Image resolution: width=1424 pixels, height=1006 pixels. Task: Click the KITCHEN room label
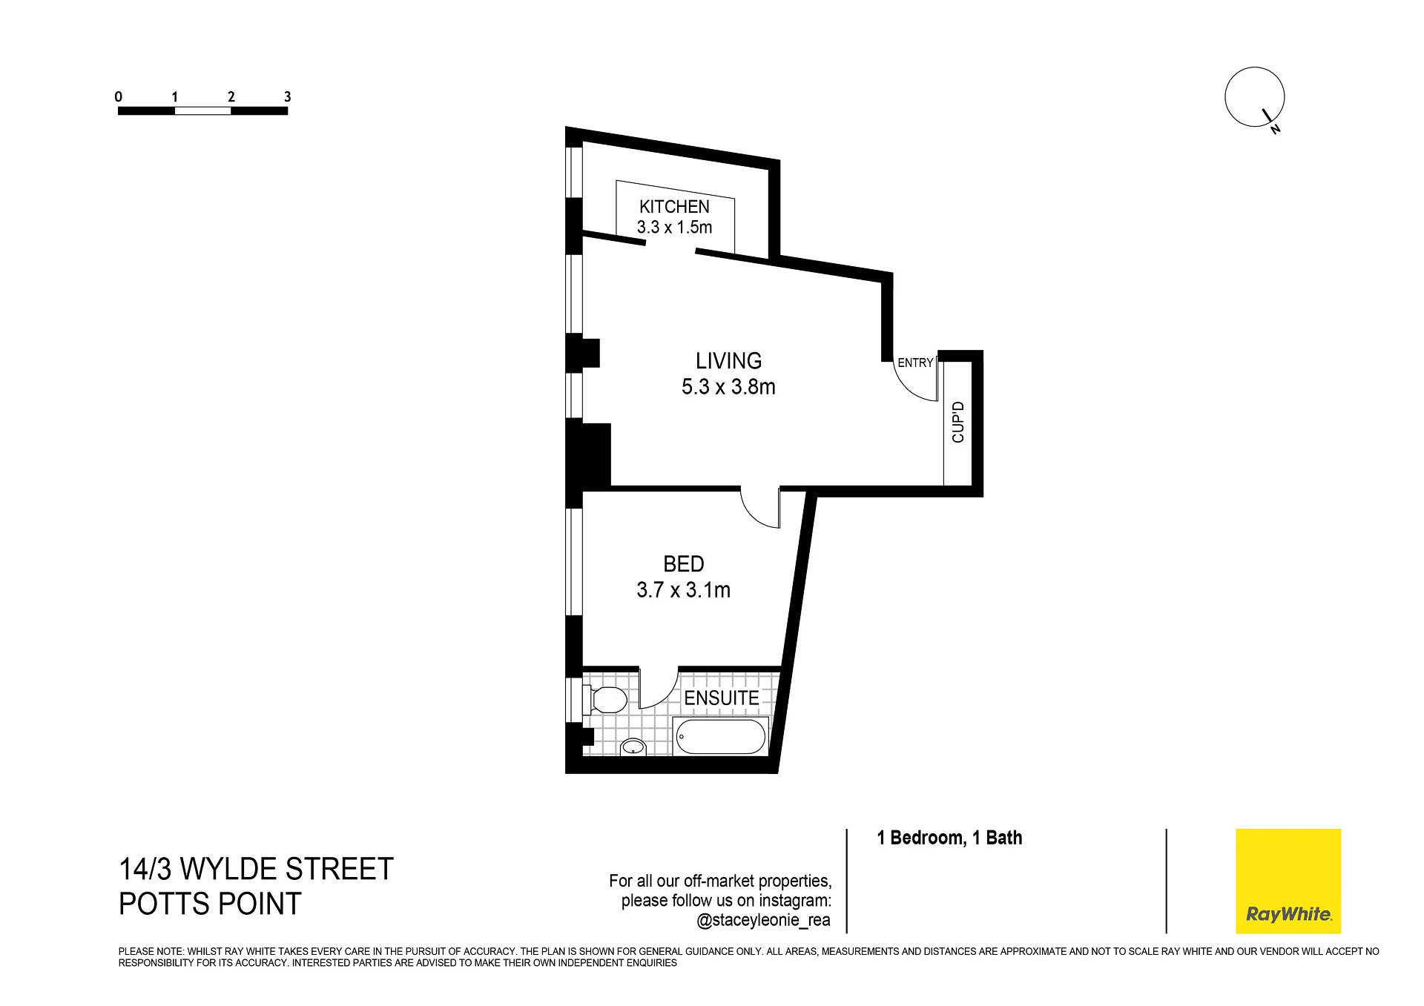click(674, 207)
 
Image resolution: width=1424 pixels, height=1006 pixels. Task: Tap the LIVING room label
click(728, 361)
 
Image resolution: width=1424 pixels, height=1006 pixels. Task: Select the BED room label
click(683, 564)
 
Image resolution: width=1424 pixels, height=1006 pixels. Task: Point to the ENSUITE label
click(722, 698)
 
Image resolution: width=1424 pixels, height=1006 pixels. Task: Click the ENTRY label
click(915, 363)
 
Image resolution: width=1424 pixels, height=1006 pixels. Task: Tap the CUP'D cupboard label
click(957, 422)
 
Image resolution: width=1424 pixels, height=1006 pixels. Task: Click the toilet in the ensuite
click(605, 699)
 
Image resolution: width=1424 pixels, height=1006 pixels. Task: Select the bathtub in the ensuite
click(721, 736)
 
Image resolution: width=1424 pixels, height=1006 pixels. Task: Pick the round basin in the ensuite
click(633, 747)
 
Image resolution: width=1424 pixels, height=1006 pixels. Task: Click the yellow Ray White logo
click(1288, 881)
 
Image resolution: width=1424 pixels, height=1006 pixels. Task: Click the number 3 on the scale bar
click(288, 96)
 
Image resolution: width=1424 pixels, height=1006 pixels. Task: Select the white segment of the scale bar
click(203, 111)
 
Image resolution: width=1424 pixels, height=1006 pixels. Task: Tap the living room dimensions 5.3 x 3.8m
click(728, 387)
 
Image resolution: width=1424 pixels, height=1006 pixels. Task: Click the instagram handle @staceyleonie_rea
click(764, 921)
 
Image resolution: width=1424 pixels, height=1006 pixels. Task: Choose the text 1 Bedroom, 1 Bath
click(949, 838)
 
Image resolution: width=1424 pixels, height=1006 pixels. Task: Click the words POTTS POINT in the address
click(210, 904)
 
